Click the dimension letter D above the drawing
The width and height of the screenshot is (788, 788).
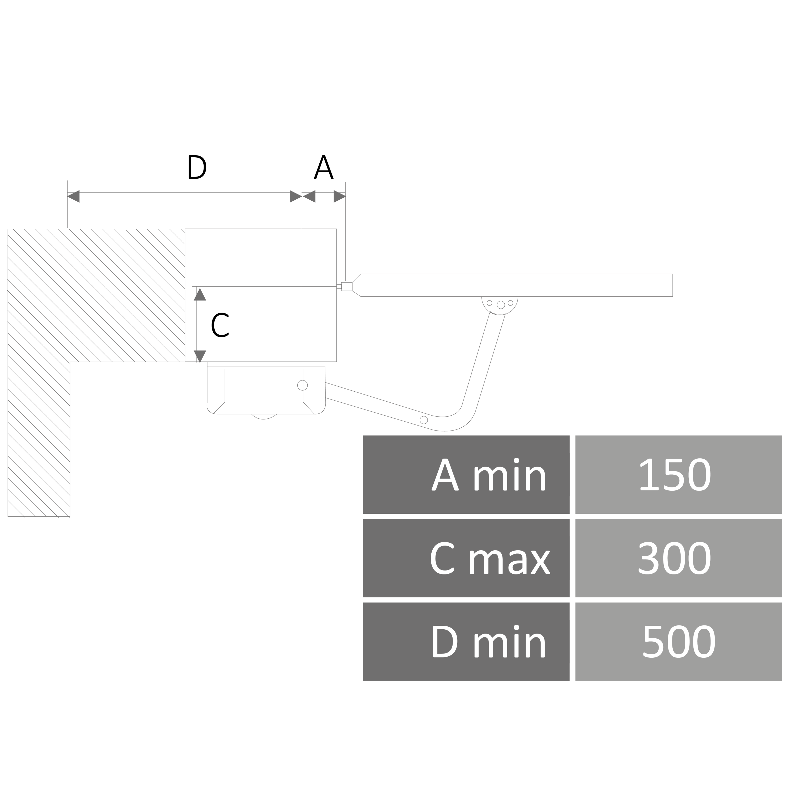coord(197,167)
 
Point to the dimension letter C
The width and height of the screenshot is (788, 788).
coord(220,325)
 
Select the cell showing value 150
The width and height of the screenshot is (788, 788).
coord(678,475)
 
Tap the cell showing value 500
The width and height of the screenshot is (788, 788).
coord(678,642)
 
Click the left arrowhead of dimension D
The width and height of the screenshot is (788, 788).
coord(74,196)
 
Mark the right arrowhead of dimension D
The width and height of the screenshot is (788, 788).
coord(295,196)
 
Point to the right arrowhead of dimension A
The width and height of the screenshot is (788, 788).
coord(339,196)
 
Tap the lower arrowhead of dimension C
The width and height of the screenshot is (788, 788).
coord(199,356)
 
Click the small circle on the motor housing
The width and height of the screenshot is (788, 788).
coord(302,385)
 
